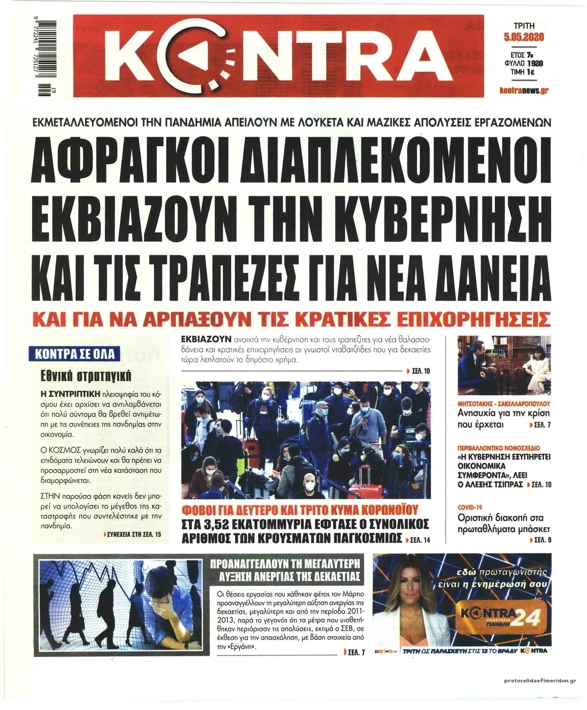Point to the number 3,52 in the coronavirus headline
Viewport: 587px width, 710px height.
pyautogui.click(x=226, y=524)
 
